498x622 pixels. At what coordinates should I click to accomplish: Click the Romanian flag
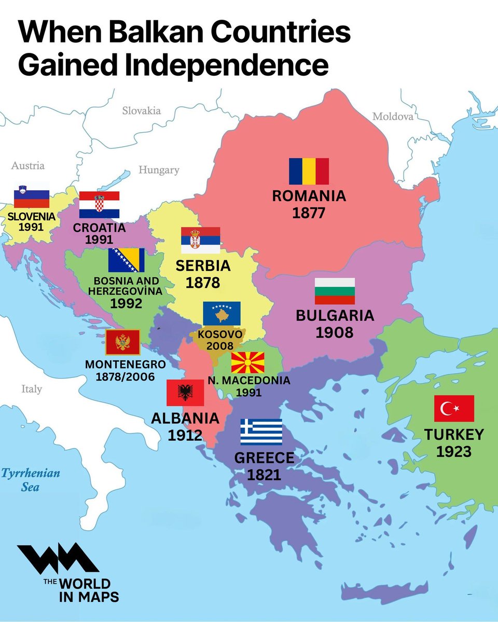tap(309, 172)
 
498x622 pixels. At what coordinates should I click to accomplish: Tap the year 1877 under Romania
tap(309, 213)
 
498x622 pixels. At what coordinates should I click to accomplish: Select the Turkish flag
tap(454, 408)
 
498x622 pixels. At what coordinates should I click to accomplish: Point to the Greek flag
tap(261, 432)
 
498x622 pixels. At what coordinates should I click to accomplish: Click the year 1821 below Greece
tap(264, 474)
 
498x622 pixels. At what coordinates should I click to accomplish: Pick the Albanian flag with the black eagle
tap(185, 392)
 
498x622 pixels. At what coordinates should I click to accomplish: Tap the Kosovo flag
tap(222, 313)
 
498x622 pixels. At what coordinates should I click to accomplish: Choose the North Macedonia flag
tap(247, 363)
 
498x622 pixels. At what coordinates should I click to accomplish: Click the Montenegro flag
tap(122, 342)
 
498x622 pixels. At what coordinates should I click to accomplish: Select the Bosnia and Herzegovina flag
tap(126, 260)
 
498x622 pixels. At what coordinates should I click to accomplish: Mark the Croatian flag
tap(99, 204)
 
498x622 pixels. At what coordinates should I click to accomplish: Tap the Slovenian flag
tap(31, 196)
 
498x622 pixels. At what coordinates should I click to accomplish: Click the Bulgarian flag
tap(335, 291)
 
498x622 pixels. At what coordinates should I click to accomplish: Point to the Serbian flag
tap(200, 240)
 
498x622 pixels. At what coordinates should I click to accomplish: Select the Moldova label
tap(393, 117)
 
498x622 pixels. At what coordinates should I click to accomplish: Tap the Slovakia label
tap(141, 110)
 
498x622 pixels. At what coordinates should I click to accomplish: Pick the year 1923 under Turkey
tap(453, 451)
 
